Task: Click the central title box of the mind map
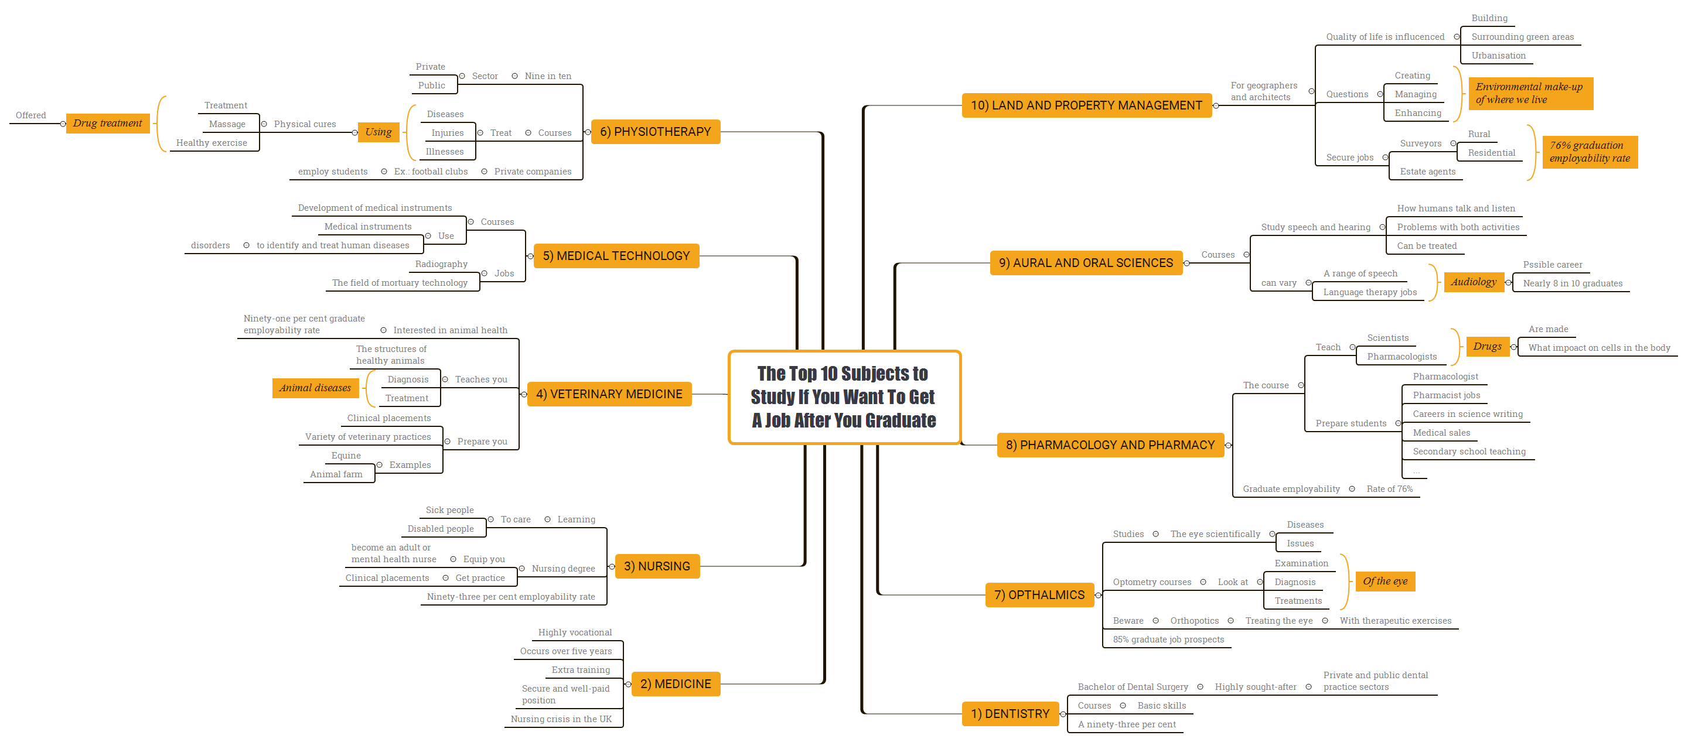(x=844, y=397)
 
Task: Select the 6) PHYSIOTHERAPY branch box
(x=654, y=132)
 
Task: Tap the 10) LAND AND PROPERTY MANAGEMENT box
(x=1086, y=105)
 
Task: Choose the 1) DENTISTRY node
(x=1010, y=714)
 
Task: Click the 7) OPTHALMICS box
(x=1039, y=594)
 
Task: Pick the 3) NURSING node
(x=657, y=566)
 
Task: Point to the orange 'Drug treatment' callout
(x=107, y=123)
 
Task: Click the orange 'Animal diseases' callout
(x=315, y=388)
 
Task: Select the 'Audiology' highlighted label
(x=1473, y=282)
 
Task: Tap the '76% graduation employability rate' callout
(x=1589, y=152)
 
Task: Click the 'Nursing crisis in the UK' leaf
(x=561, y=719)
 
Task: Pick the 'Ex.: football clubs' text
(x=431, y=172)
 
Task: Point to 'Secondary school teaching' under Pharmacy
(x=1468, y=451)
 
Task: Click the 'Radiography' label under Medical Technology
(x=441, y=264)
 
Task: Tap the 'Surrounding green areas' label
(x=1522, y=37)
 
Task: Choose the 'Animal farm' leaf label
(x=336, y=474)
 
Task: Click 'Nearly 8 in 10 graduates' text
(x=1572, y=283)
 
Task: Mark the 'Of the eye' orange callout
(x=1384, y=581)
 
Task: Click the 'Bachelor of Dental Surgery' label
(x=1133, y=686)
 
